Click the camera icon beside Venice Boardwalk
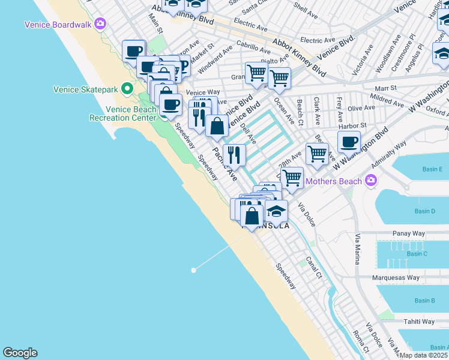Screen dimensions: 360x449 coord(100,24)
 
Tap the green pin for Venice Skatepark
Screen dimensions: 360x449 coord(127,89)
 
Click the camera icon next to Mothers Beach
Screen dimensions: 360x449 coord(372,181)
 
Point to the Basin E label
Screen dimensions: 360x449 coord(432,169)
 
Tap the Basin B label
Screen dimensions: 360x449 coord(424,301)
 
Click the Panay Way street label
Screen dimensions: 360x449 coord(409,233)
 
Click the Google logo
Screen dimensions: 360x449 coord(20,353)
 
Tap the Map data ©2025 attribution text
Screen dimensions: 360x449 coord(424,355)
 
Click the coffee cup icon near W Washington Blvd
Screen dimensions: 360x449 coord(349,143)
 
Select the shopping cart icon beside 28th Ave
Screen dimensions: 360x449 coord(317,154)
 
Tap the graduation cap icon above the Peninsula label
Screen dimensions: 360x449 coord(276,211)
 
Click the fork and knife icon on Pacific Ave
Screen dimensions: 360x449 coord(234,155)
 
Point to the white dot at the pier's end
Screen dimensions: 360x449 coord(193,271)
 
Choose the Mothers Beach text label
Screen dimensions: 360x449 coord(334,181)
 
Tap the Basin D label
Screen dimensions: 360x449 coord(424,211)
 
